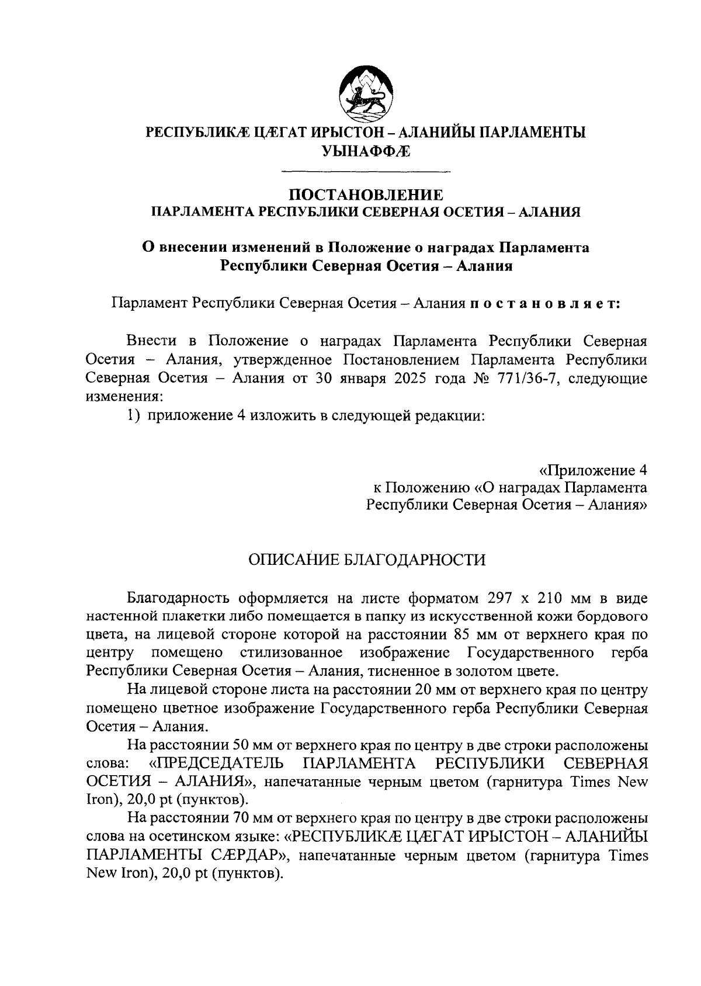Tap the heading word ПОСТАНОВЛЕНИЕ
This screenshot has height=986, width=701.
tap(366, 195)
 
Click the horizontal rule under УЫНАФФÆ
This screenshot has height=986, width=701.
tap(366, 171)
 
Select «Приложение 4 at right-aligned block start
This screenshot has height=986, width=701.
tap(592, 470)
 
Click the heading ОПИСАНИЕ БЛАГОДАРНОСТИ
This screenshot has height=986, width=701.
tap(366, 560)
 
